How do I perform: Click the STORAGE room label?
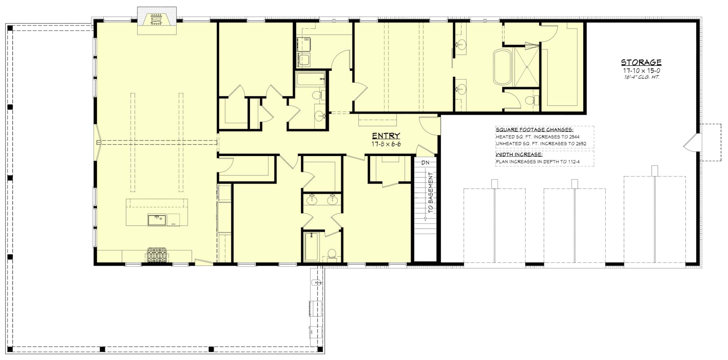pos(641,62)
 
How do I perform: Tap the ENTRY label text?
pos(386,136)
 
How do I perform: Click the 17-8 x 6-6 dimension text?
pos(386,144)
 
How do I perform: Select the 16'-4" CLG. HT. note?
pos(641,77)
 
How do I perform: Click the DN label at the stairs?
pos(425,162)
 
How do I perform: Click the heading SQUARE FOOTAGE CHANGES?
pos(534,129)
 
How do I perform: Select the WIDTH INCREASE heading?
pos(519,154)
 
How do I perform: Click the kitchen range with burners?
pos(157,256)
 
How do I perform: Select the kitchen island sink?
pos(157,220)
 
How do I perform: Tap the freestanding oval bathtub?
pos(502,67)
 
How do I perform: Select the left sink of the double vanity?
pos(312,200)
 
